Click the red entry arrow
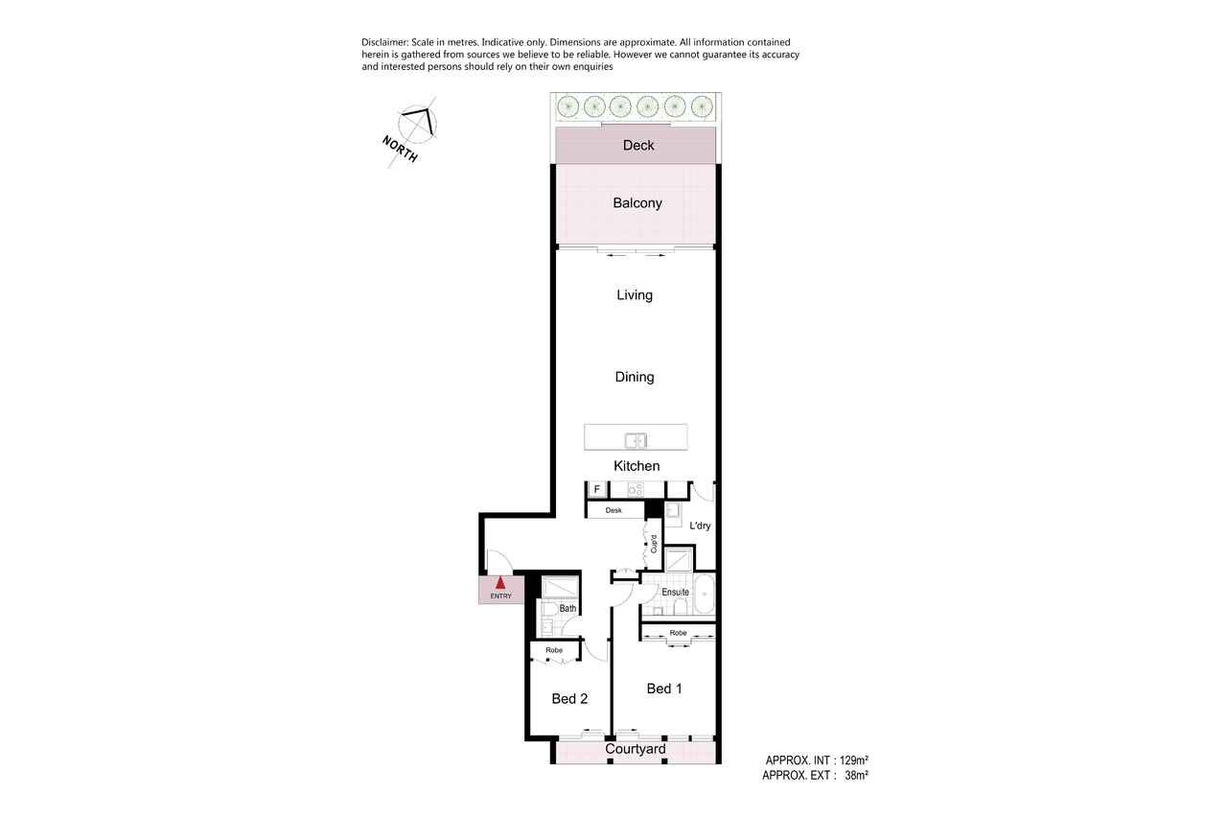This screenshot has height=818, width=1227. coord(500,582)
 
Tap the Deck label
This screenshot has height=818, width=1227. coord(638,145)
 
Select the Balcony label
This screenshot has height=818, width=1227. coord(637,202)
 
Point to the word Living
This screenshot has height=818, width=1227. coord(635,294)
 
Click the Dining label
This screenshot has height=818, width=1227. coord(635,377)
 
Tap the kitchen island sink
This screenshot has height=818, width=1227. coord(636,440)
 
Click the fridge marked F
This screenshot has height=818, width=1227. coord(597,489)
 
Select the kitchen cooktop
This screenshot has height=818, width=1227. coord(636,489)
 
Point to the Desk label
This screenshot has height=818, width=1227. coord(613,510)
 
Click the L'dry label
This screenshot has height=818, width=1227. coord(700,526)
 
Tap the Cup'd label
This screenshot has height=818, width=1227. coord(654,544)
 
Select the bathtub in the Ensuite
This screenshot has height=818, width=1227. coord(704,594)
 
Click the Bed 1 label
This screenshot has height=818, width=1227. coord(664,689)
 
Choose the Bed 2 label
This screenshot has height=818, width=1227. coord(569,698)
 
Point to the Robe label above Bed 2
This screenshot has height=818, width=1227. coord(554,650)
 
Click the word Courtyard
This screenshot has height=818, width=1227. coord(636,749)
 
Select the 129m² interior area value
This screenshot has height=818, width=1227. coord(853,760)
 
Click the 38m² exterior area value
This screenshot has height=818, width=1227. coord(856,775)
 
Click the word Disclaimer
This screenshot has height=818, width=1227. coord(384,42)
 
